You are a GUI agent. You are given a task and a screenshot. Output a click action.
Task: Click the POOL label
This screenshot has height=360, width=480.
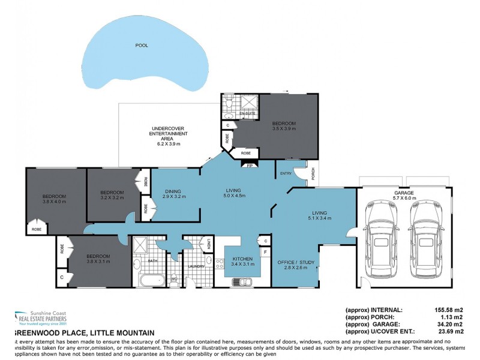(x=142, y=45)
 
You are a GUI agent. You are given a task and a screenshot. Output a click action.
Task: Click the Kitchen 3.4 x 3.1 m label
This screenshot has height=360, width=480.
(x=243, y=260)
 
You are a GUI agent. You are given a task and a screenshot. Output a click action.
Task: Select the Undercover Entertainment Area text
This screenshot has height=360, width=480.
(x=160, y=136)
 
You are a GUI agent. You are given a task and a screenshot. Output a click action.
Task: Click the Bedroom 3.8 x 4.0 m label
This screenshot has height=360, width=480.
(x=54, y=199)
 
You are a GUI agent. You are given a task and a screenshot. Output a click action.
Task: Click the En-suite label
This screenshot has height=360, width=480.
(x=247, y=113)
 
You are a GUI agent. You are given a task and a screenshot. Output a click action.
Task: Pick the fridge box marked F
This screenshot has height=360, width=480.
(x=265, y=253)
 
